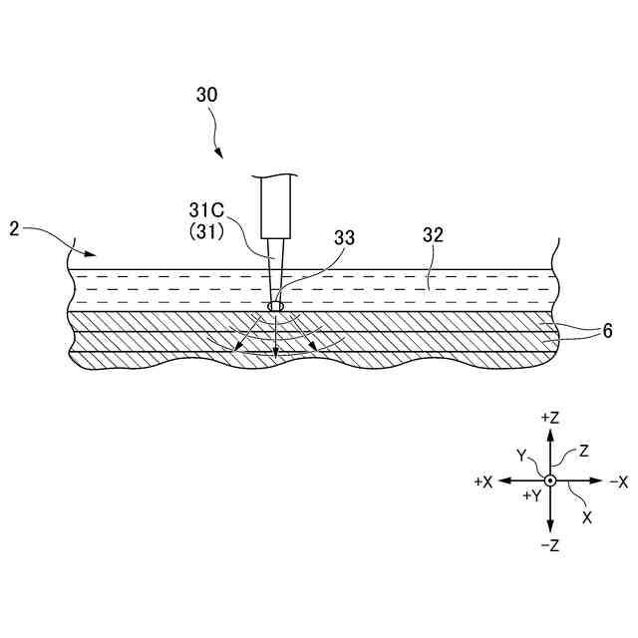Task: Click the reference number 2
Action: click(x=15, y=229)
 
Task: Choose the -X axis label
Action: click(x=617, y=481)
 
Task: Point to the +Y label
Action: click(x=531, y=494)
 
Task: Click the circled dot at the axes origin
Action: click(x=550, y=480)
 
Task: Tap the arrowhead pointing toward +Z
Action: click(x=550, y=437)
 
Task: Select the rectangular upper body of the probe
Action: click(x=276, y=206)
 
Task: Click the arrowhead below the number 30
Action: click(x=220, y=155)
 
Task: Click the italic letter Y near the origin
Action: click(x=521, y=455)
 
